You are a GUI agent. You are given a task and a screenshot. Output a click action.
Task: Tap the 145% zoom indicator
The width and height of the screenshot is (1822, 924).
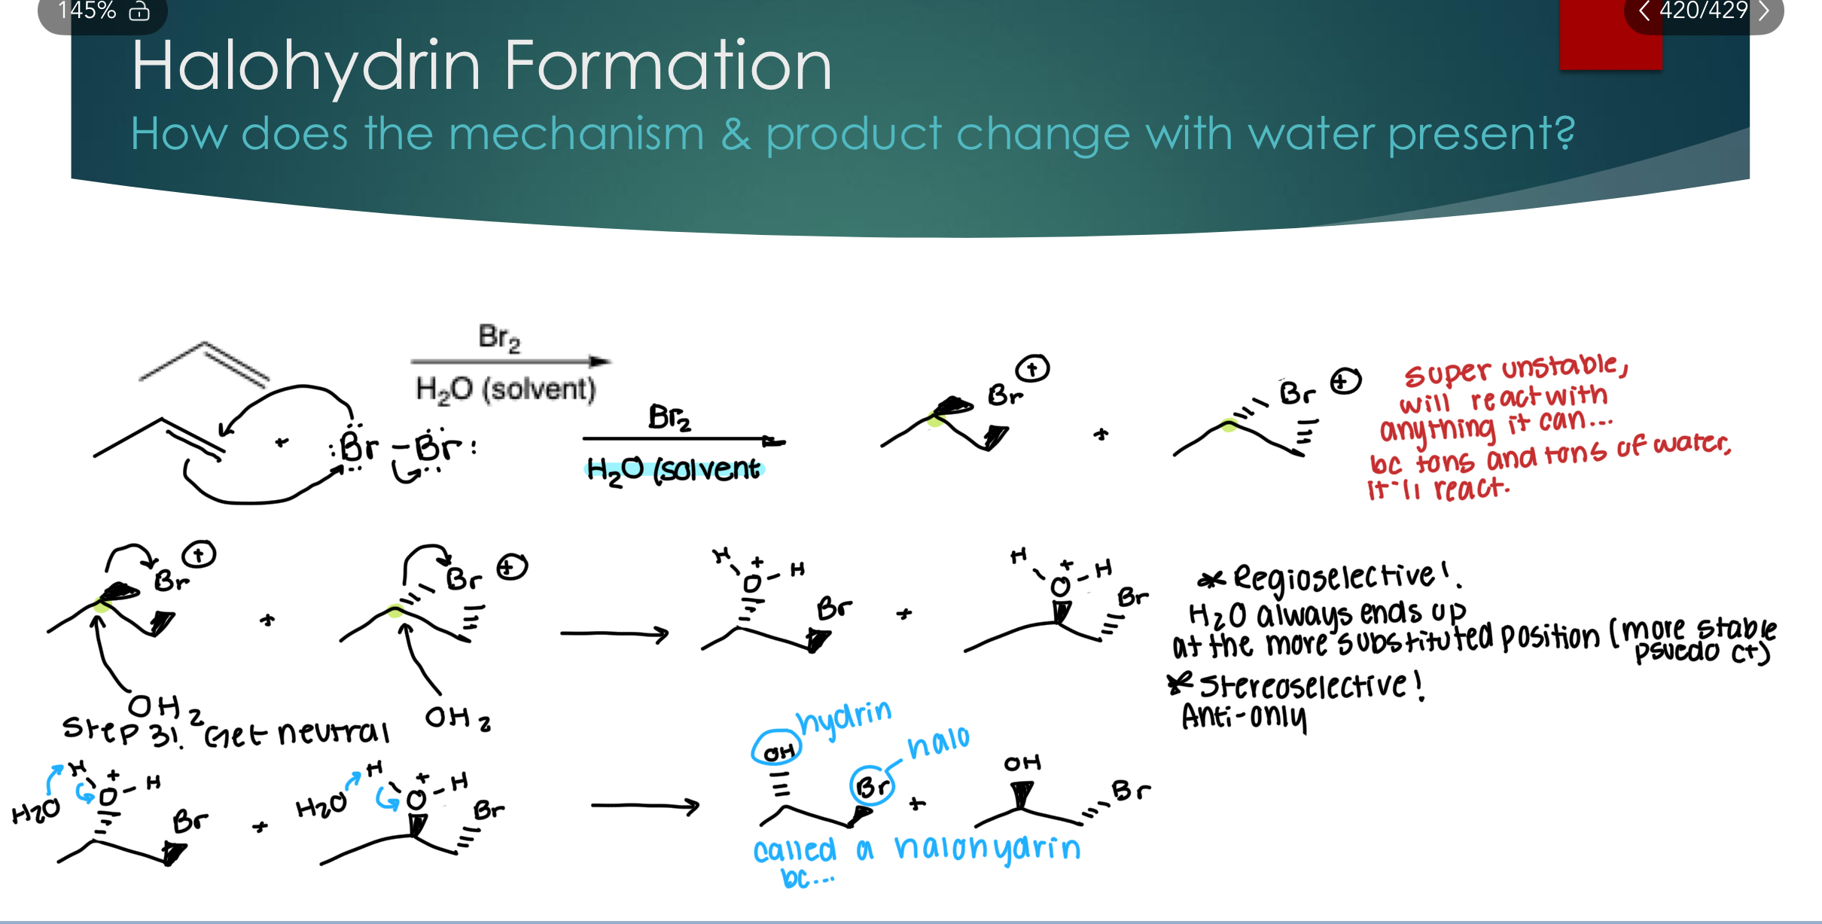[87, 11]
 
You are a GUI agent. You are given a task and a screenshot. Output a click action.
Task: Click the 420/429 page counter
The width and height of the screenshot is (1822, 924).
[1704, 11]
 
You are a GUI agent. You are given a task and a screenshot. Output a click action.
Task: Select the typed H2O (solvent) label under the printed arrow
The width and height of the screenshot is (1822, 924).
[505, 389]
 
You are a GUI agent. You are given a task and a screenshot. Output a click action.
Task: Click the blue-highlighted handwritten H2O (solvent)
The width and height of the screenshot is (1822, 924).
[673, 469]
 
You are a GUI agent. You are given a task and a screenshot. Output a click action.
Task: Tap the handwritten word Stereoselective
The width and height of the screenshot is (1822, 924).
[1302, 686]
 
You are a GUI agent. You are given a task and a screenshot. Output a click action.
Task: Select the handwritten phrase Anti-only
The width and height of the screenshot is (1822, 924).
[1243, 716]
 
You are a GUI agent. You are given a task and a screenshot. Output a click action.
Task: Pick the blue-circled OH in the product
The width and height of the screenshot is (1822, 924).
[778, 750]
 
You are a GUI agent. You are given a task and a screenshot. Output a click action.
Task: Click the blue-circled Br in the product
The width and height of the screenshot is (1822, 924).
[873, 786]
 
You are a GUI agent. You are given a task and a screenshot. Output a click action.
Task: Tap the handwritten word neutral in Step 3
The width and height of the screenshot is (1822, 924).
[334, 732]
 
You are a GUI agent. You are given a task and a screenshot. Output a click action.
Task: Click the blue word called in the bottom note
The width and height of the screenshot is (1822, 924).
[794, 850]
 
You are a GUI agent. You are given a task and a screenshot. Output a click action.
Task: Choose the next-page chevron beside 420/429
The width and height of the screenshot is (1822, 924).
[1764, 11]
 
